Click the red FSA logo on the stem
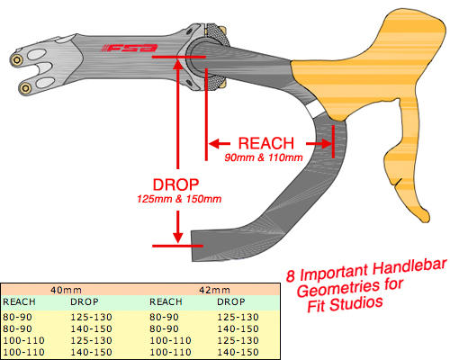point(130,48)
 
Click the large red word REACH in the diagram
point(266,143)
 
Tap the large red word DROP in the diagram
point(175,184)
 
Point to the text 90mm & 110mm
point(264,157)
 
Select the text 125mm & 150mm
point(179,199)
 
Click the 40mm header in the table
point(66,290)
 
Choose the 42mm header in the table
point(214,290)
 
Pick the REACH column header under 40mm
point(19,301)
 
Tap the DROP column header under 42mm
point(231,301)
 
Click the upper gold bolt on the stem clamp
point(17,60)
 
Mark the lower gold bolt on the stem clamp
point(25,88)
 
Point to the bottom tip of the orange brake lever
point(426,220)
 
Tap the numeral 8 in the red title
point(290,275)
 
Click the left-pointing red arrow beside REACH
point(220,144)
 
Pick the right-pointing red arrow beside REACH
point(319,144)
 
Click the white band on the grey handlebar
point(316,109)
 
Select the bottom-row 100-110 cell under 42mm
point(170,352)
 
